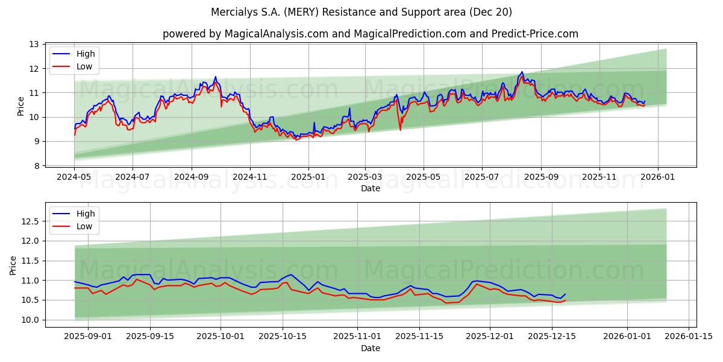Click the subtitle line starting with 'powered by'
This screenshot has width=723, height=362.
point(370,34)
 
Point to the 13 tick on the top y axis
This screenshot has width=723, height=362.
point(34,45)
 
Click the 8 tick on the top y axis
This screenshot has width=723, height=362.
point(36,166)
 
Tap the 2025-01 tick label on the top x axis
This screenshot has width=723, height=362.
point(308,178)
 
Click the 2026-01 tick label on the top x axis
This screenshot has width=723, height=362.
point(657,178)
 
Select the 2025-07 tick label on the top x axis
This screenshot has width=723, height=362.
point(481,178)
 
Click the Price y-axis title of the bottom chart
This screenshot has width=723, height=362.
point(13,265)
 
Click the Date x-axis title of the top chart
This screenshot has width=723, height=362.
point(370,188)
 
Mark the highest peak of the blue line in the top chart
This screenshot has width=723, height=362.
point(522,72)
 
